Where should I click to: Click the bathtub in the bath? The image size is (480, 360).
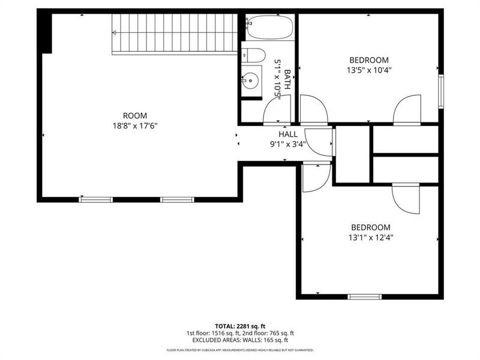(x=269, y=28)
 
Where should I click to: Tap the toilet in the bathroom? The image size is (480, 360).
(x=254, y=56)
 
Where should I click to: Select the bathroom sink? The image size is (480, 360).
(x=251, y=80)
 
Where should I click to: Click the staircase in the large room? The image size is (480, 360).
(x=175, y=33)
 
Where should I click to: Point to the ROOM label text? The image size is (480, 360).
(x=135, y=116)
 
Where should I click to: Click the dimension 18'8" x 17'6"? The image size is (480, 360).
(x=135, y=126)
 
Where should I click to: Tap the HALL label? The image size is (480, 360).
(x=288, y=134)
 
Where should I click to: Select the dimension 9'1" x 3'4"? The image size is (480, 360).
(x=288, y=144)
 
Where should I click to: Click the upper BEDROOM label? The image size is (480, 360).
(x=369, y=60)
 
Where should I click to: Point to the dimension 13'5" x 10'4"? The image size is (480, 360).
(x=369, y=70)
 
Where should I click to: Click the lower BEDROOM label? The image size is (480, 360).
(x=370, y=227)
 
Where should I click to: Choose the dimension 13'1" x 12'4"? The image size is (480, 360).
(x=370, y=237)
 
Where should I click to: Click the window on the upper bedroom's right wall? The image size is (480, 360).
(x=441, y=92)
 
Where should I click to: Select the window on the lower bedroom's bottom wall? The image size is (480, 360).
(x=365, y=296)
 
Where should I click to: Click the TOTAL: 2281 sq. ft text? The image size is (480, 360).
(x=240, y=326)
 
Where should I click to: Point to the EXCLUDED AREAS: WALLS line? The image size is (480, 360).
(x=240, y=340)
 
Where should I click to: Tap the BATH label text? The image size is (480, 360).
(x=287, y=80)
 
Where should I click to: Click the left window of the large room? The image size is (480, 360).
(x=96, y=199)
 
